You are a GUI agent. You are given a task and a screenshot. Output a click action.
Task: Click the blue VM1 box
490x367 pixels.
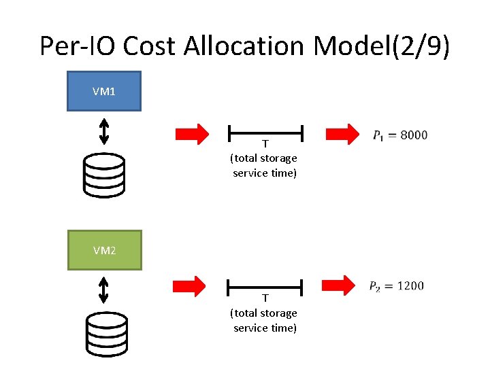point(103,91)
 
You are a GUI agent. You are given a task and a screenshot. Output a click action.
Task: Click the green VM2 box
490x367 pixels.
point(104,250)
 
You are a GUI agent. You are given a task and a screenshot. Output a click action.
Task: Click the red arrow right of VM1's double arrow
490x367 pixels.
point(193,134)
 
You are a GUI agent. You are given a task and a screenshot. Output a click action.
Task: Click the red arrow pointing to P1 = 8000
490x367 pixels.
point(343,134)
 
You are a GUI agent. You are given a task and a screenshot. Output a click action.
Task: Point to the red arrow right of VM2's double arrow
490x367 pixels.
point(190,287)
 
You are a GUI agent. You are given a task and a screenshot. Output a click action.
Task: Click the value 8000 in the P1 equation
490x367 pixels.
point(414,135)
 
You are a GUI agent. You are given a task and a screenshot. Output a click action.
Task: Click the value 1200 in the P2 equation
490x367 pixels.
point(410,285)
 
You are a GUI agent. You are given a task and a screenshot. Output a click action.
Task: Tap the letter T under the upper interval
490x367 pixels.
point(265,144)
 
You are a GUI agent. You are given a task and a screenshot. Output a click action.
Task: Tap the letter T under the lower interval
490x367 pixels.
point(265,298)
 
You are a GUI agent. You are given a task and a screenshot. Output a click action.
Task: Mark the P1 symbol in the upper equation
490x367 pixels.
point(378,136)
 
